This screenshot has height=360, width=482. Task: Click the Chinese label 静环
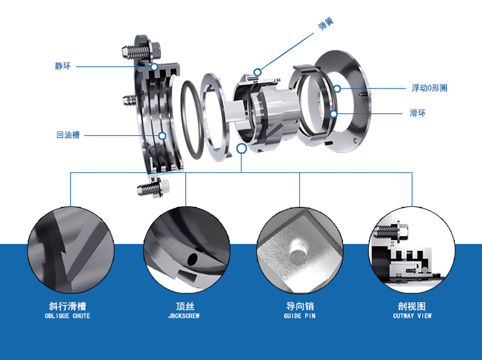pyautogui.click(x=62, y=66)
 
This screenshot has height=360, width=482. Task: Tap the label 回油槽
pyautogui.click(x=68, y=135)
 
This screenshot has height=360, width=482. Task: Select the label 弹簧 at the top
pyautogui.click(x=326, y=24)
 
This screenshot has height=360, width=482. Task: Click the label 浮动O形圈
pyautogui.click(x=429, y=89)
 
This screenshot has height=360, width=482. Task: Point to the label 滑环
pyautogui.click(x=418, y=113)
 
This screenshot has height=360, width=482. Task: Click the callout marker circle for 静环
pyautogui.click(x=154, y=67)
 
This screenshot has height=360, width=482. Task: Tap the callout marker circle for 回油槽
pyautogui.click(x=162, y=136)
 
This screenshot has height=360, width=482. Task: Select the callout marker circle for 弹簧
pyautogui.click(x=257, y=73)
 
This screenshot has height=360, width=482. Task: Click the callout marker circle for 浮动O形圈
pyautogui.click(x=337, y=89)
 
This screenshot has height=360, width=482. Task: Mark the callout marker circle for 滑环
pyautogui.click(x=334, y=114)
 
